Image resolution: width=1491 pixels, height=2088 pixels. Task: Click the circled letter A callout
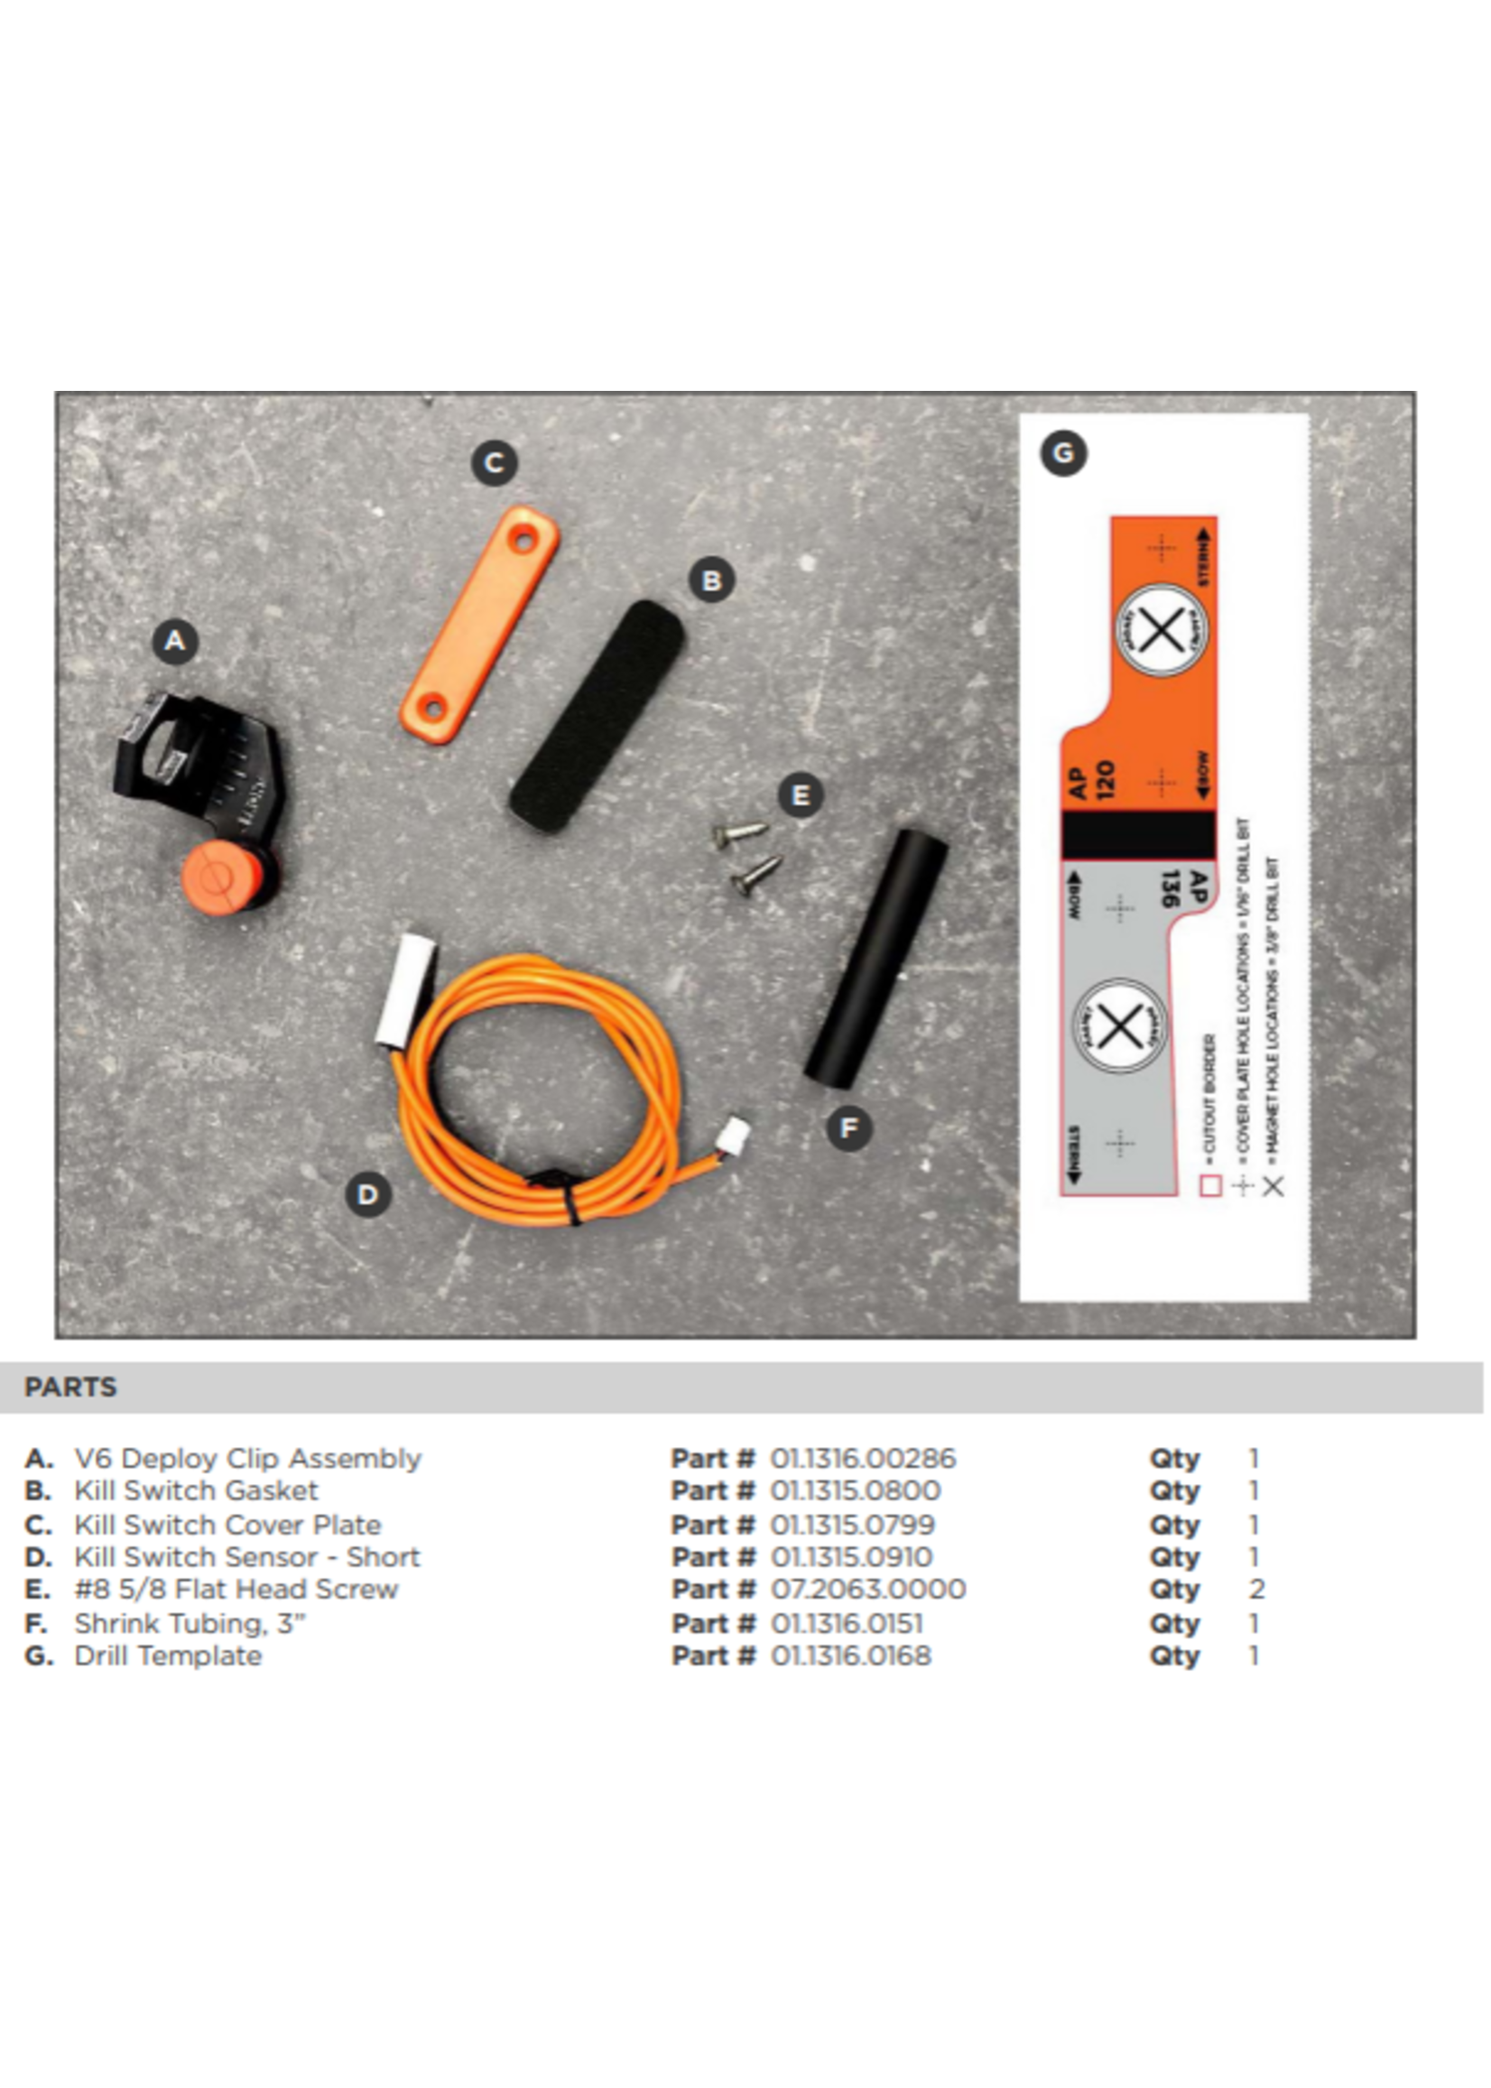click(175, 641)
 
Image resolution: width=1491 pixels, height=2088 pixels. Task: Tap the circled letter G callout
click(1063, 452)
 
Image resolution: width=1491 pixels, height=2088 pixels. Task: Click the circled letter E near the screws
click(800, 795)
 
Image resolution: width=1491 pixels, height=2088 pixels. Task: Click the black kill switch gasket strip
click(597, 716)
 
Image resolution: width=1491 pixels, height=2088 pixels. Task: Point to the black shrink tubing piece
click(875, 959)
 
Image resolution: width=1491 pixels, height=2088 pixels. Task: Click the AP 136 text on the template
click(1185, 889)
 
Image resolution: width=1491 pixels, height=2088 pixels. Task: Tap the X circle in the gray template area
click(1119, 1025)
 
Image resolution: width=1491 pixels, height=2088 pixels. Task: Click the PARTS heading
click(70, 1387)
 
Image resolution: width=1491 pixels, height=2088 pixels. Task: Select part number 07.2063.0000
click(867, 1590)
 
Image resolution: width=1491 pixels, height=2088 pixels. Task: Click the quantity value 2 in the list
click(1257, 1590)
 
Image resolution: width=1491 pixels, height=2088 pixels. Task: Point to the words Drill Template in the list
click(168, 1656)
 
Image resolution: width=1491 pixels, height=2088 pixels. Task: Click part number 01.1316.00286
click(863, 1458)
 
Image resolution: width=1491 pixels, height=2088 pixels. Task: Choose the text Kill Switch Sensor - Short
click(247, 1556)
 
